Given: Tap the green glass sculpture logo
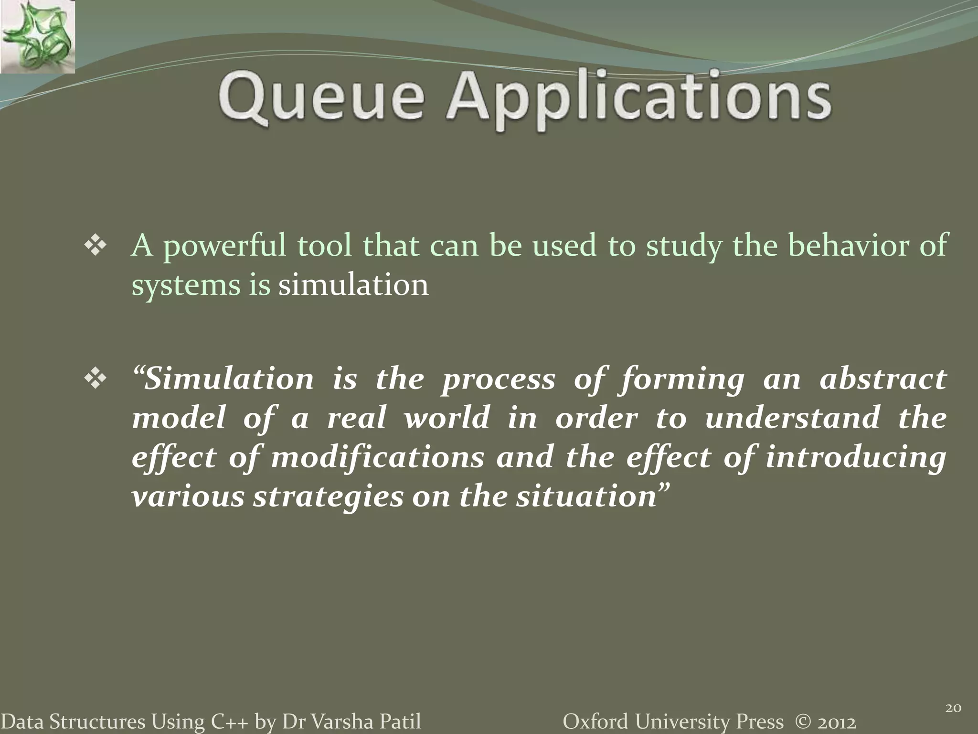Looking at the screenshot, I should click(x=37, y=37).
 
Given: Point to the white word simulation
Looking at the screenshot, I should click(x=353, y=285).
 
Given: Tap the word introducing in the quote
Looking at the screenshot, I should click(x=855, y=457).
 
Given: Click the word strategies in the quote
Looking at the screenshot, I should click(x=329, y=497).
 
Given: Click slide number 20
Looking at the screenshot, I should click(x=953, y=708).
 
